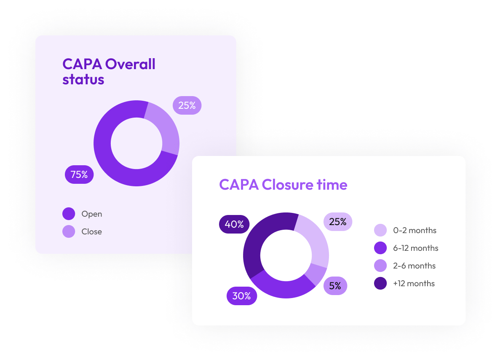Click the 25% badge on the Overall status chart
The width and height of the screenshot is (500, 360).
(187, 105)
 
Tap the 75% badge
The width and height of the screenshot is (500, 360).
(79, 175)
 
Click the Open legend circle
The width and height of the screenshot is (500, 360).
(69, 214)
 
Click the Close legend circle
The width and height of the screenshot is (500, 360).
(69, 231)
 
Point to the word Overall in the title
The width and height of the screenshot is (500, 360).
(130, 64)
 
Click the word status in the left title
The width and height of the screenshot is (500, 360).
(83, 79)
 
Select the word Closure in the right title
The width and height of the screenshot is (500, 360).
(287, 185)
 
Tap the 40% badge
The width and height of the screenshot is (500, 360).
(234, 224)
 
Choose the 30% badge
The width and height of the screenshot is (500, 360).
(242, 296)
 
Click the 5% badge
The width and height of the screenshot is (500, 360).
(335, 286)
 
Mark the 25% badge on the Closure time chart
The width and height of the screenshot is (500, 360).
(338, 221)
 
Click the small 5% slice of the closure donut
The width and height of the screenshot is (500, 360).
(317, 274)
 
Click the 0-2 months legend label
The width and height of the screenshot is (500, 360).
(414, 230)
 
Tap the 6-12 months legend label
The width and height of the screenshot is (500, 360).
(415, 248)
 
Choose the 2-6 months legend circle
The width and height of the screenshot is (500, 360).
(380, 266)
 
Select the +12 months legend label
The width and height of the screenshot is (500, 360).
(414, 283)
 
